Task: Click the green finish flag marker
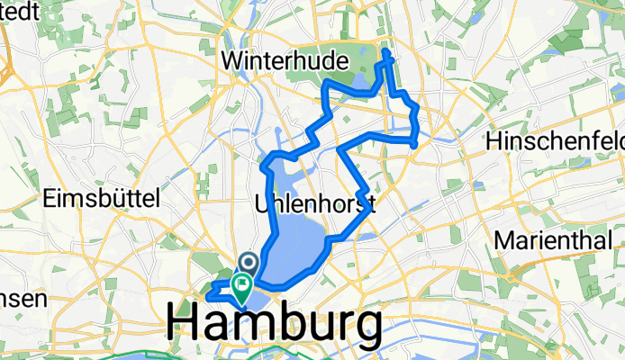(242, 286)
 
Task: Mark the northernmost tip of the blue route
(388, 52)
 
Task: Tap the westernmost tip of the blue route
(209, 296)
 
